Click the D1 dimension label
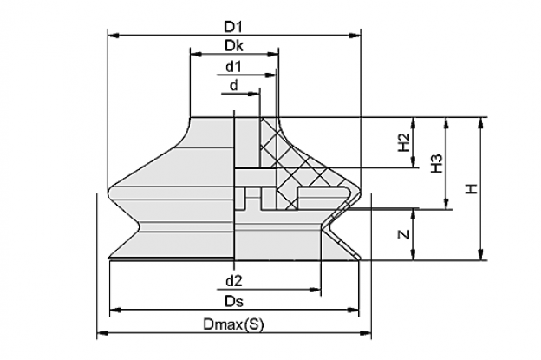pyautogui.click(x=233, y=27)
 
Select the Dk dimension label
pyautogui.click(x=233, y=46)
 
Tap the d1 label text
pyautogui.click(x=233, y=67)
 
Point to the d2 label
pyautogui.click(x=233, y=281)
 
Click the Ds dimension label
pyautogui.click(x=234, y=301)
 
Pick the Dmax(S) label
pyautogui.click(x=233, y=324)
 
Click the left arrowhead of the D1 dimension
pyautogui.click(x=114, y=36)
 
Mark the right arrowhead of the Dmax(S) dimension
pyautogui.click(x=366, y=333)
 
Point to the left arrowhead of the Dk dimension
pyautogui.click(x=196, y=54)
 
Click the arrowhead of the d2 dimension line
pyautogui.click(x=316, y=290)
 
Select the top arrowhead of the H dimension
pyautogui.click(x=480, y=123)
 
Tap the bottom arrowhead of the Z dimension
pyautogui.click(x=414, y=255)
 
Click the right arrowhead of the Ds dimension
pyautogui.click(x=354, y=311)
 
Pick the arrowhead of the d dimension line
pyautogui.click(x=253, y=94)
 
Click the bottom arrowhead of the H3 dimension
pyautogui.click(x=446, y=204)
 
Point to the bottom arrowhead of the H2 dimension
pyautogui.click(x=414, y=162)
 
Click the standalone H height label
pyautogui.click(x=472, y=188)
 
